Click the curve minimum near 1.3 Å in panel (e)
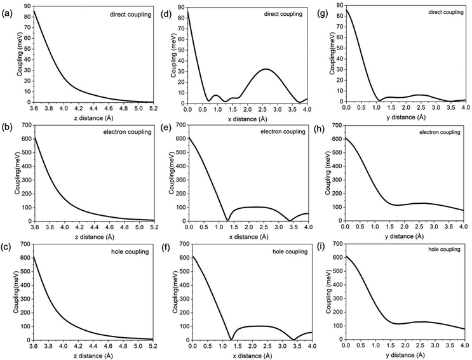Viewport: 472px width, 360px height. [227, 220]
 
